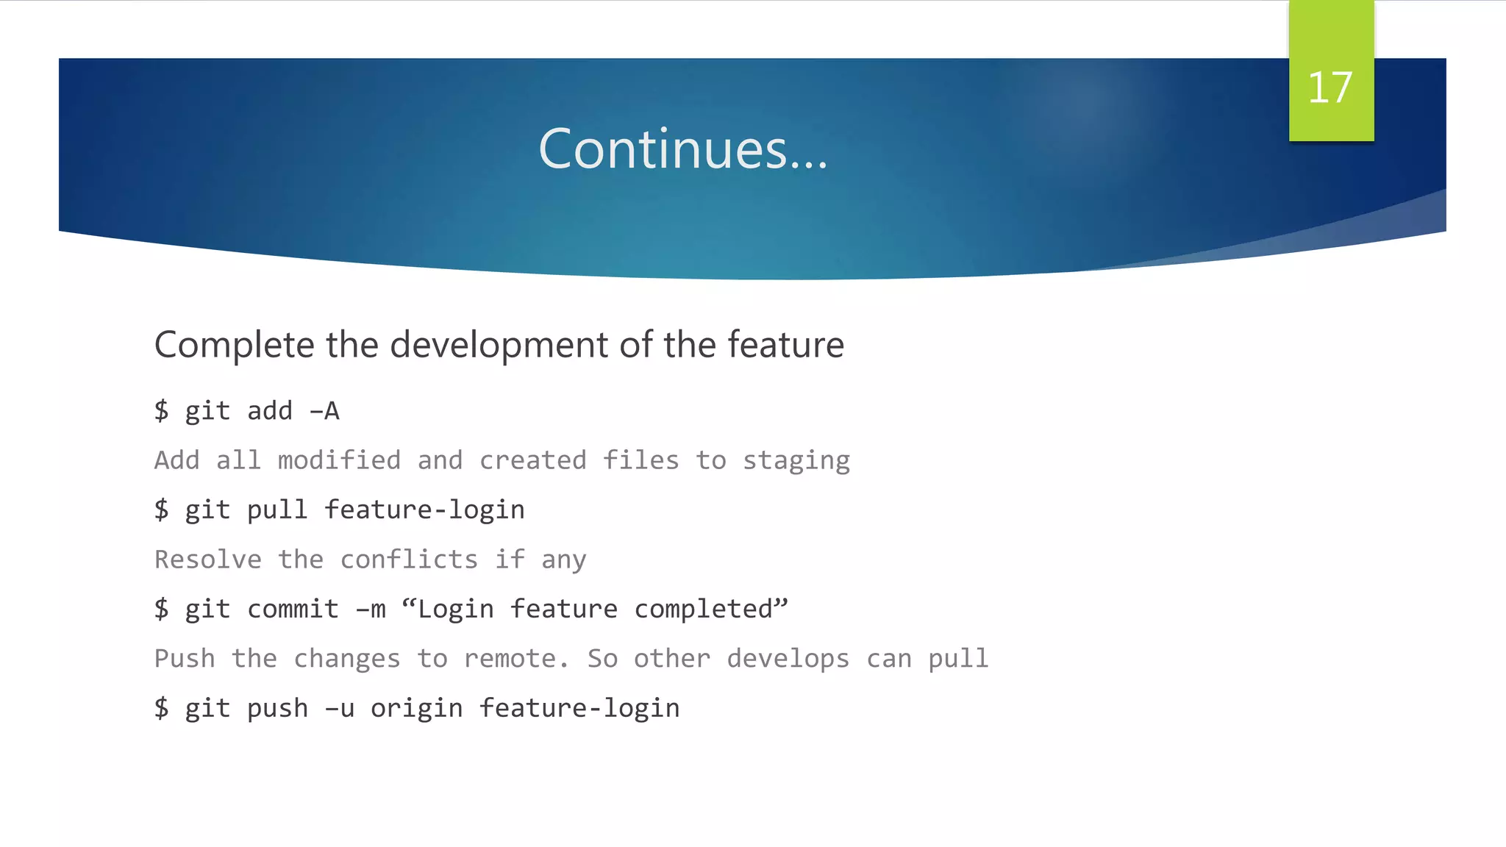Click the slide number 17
coord(1330,88)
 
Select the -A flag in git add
coord(324,411)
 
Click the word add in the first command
coord(270,411)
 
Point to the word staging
coord(796,461)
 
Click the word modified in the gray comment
coord(339,460)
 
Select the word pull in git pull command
coord(277,510)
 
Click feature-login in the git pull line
coord(424,510)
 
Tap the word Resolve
coord(208,560)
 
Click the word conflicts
coord(409,560)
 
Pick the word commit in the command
coord(293,609)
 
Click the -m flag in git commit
coord(371,609)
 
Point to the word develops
coord(788,658)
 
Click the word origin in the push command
coord(416,708)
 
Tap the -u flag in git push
coord(340,708)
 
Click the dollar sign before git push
coord(162,708)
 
